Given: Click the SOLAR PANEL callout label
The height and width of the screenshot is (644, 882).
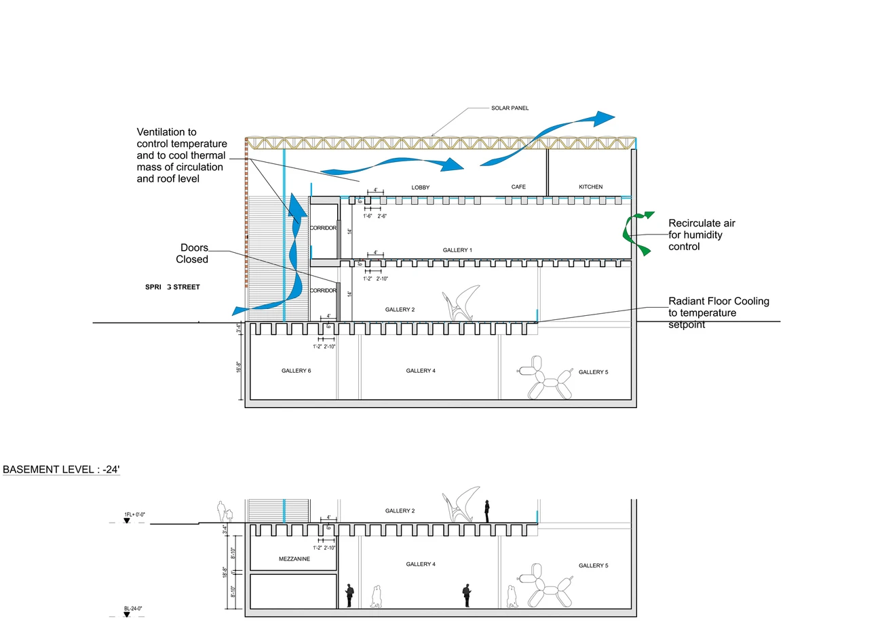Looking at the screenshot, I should [x=510, y=108].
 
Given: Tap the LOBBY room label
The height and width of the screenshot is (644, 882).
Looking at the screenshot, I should [x=421, y=188].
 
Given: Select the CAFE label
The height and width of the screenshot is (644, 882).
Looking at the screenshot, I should [x=518, y=187].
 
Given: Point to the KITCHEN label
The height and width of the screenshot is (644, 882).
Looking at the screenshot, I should [x=590, y=187].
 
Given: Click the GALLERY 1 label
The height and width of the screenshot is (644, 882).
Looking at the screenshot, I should [x=457, y=250].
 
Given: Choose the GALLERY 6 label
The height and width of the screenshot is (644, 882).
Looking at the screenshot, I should [x=296, y=371].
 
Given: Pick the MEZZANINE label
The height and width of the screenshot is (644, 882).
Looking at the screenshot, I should [x=294, y=559].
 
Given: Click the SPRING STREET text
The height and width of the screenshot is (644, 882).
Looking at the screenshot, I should [x=172, y=287].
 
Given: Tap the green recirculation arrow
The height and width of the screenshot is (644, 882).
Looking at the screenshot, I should [x=636, y=232].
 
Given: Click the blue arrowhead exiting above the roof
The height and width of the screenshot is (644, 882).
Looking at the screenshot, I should [x=601, y=119].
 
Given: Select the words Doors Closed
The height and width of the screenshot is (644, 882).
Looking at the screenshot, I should [x=193, y=254].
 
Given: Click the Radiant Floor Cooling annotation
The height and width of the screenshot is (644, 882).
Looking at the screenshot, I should [x=718, y=313].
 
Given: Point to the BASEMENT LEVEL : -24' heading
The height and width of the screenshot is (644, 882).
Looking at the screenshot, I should [x=61, y=470].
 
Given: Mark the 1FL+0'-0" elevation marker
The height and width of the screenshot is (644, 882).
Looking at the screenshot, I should [x=134, y=515].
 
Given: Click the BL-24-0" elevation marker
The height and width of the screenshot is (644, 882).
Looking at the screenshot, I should [x=133, y=609].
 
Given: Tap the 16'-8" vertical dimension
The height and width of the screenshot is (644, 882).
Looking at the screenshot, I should [x=239, y=367].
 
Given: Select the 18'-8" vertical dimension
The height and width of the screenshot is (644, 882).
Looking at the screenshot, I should [x=225, y=573].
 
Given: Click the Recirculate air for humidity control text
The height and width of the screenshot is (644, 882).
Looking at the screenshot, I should [x=702, y=235].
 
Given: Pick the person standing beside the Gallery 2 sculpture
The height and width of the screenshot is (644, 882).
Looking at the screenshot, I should [x=487, y=511].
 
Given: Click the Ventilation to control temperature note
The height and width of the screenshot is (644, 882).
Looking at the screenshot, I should [x=181, y=155].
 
